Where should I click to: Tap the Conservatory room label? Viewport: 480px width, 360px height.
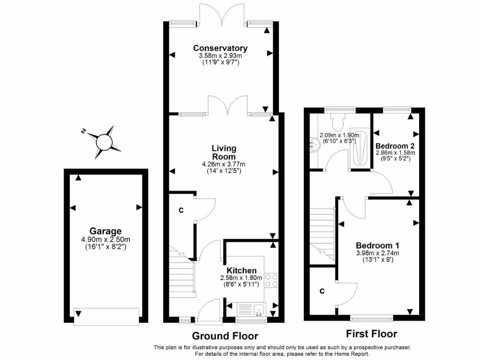tap(220, 48)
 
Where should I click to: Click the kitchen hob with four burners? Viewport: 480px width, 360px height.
tap(271, 280)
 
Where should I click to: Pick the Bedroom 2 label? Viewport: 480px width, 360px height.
tap(395, 145)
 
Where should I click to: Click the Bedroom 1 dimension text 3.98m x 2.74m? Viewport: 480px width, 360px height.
tap(377, 253)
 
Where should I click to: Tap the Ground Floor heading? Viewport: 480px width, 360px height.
tap(225, 336)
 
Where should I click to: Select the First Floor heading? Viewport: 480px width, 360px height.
tap(371, 334)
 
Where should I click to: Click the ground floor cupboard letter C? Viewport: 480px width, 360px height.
tap(181, 210)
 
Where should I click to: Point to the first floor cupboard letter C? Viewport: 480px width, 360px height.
tap(322, 291)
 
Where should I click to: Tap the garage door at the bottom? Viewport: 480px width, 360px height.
tap(106, 316)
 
